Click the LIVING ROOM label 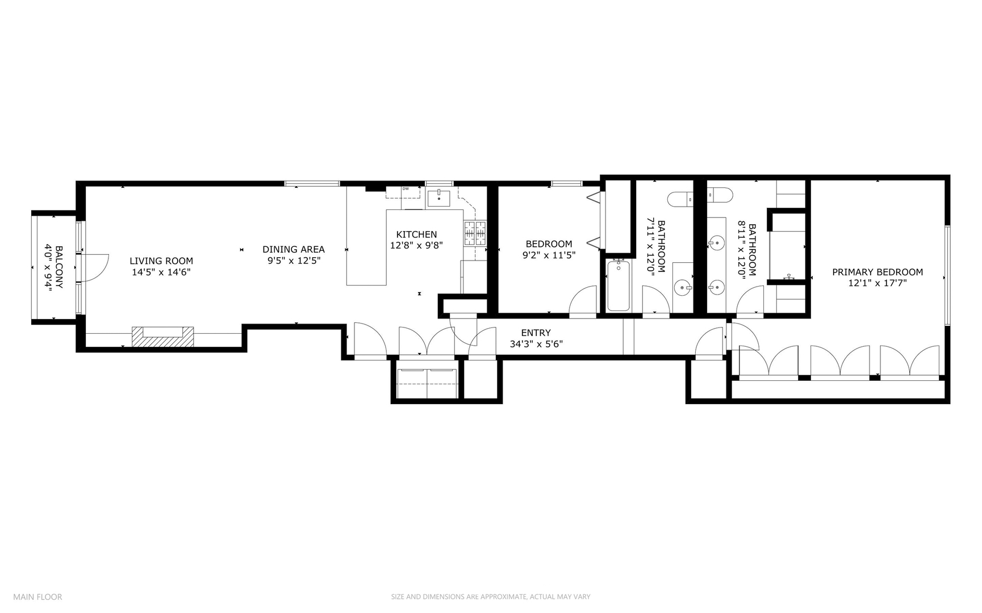[x=161, y=261]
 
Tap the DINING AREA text [x=294, y=249]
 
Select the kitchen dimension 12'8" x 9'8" [x=416, y=246]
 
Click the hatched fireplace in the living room [x=162, y=337]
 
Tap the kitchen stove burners [x=475, y=233]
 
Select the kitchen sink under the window [x=438, y=198]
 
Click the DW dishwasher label [x=406, y=189]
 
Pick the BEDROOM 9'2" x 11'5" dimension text [x=549, y=255]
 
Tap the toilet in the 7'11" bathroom [x=680, y=199]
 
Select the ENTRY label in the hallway [x=536, y=333]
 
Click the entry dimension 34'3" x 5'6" [x=536, y=344]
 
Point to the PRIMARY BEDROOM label [x=877, y=272]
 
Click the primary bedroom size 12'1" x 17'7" [x=877, y=283]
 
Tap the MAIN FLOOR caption [x=37, y=597]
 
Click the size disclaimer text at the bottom [x=490, y=597]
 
